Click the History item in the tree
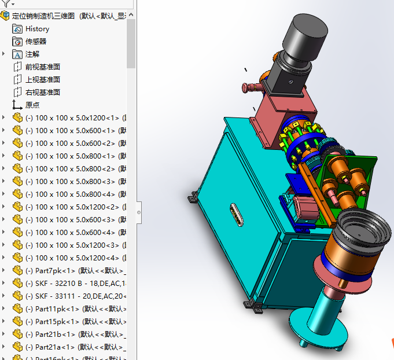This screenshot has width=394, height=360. pos(37,29)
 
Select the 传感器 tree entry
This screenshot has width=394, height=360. pos(35,42)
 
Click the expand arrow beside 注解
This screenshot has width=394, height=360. pos(4,54)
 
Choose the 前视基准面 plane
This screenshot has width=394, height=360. pos(42,67)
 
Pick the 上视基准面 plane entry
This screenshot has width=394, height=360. pos(42,80)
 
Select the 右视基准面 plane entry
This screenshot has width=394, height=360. pos(42,93)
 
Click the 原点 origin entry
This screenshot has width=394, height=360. pos(32,105)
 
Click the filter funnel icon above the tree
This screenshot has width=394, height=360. pos(6,3)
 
